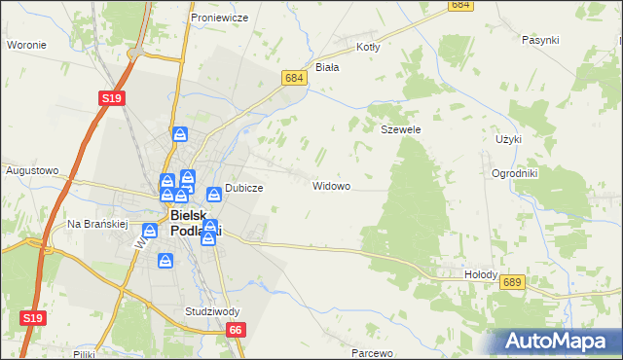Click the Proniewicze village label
coord(220,18)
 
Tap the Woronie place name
coord(27,45)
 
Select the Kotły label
coord(368,46)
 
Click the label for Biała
coord(327,67)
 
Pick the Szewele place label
coord(400,128)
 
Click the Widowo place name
coord(331,185)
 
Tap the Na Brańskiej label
coord(97,224)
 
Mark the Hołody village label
coord(479,275)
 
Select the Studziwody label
coord(212,311)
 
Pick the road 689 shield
coord(514,281)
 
